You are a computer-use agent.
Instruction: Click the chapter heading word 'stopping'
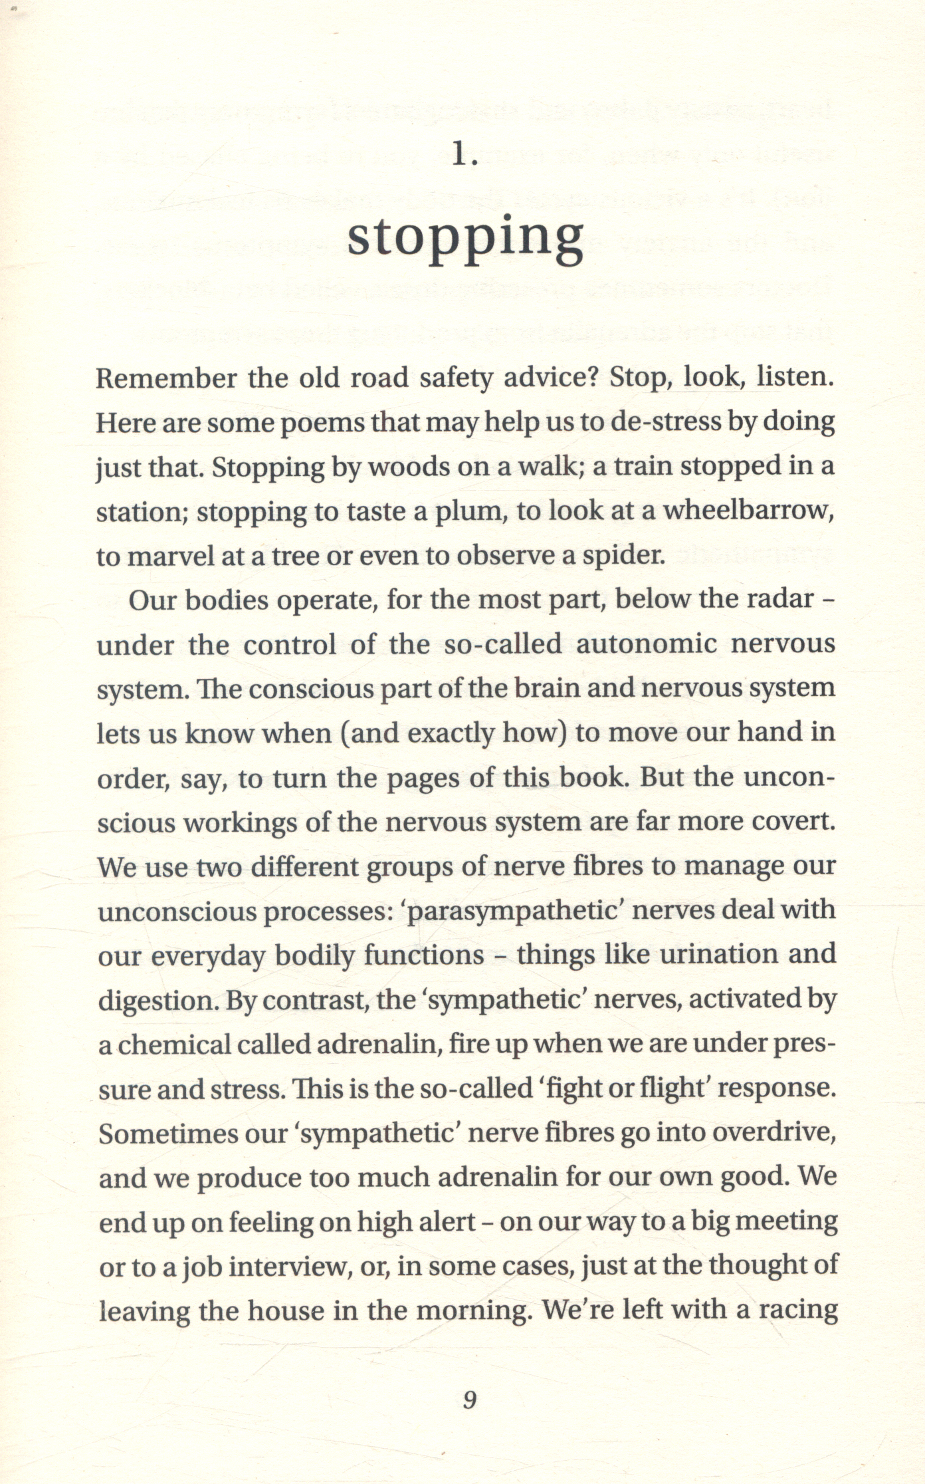coord(465,237)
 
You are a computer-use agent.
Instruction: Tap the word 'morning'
coord(470,1310)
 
